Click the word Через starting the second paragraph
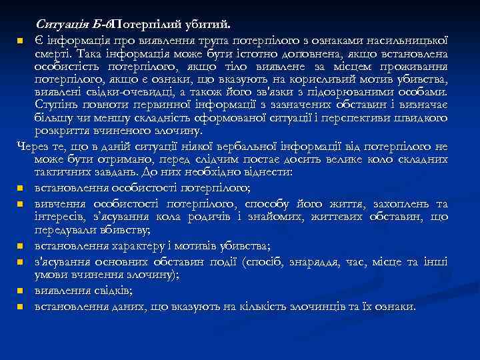pos(31,146)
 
